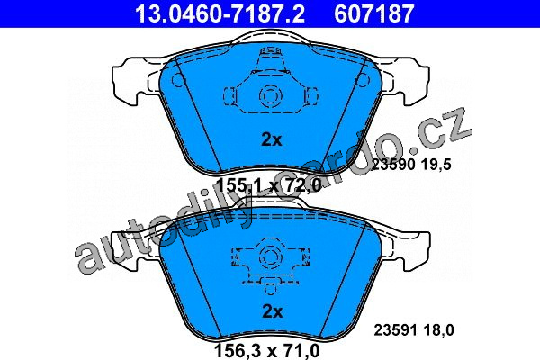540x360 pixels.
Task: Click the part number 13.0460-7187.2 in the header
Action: coord(220,13)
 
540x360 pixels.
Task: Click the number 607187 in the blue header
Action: coord(374,13)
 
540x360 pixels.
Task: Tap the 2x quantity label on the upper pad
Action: coord(272,139)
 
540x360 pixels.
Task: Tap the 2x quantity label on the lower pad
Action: coord(273,311)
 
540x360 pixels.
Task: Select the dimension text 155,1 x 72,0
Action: coord(269,186)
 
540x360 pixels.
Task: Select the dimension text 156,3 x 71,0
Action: coord(267,351)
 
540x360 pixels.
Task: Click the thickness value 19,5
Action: coord(436,165)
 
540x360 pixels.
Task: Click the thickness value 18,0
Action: coord(439,330)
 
